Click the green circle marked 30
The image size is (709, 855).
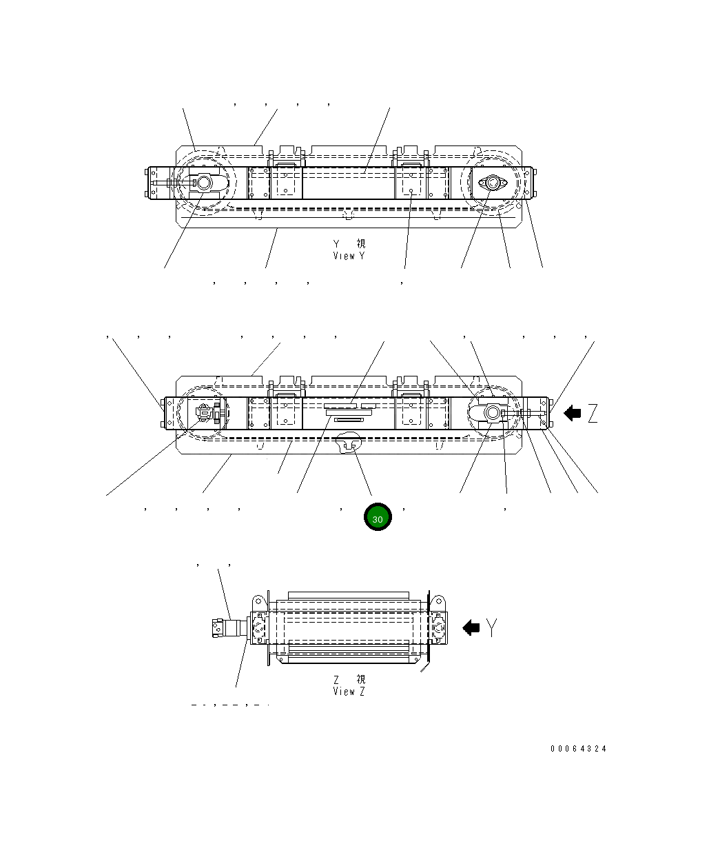[378, 518]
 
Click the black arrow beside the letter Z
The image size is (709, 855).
[573, 414]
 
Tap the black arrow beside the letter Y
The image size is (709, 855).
[471, 627]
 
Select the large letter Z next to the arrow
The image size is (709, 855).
[592, 414]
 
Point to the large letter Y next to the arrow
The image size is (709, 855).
[491, 627]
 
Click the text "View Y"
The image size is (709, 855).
[349, 256]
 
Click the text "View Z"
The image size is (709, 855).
[349, 691]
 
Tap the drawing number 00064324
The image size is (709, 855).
[578, 749]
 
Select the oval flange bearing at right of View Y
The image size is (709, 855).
[492, 183]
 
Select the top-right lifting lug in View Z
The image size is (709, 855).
[436, 600]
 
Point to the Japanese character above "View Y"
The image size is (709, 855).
[361, 244]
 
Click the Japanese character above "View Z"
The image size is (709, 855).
[361, 679]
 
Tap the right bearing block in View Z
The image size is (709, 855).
[438, 628]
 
